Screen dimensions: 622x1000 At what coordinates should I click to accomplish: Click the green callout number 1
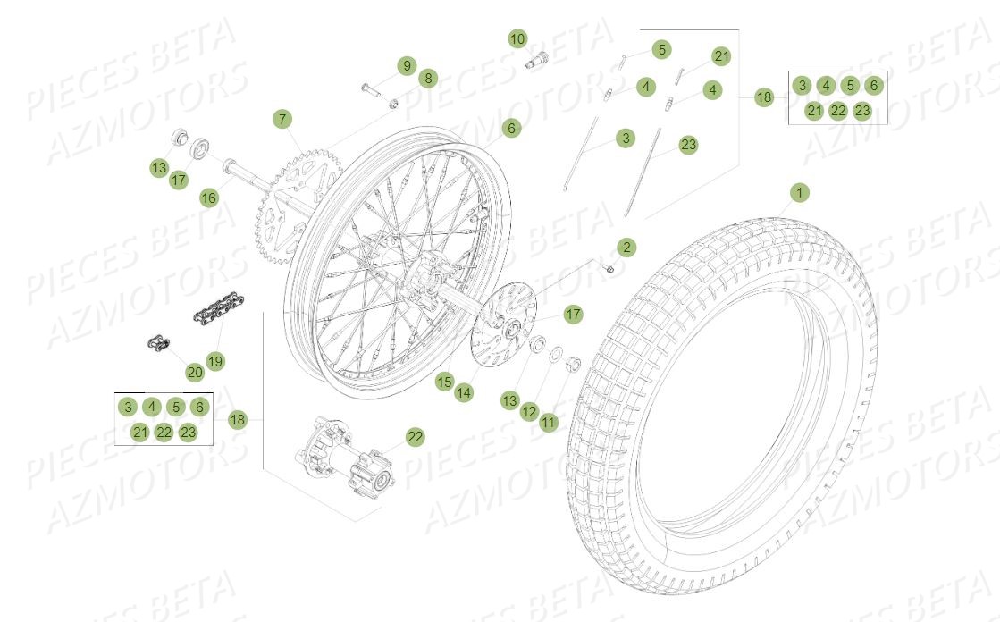800,192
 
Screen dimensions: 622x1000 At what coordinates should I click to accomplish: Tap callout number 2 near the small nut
626,247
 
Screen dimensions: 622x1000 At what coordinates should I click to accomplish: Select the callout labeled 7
282,119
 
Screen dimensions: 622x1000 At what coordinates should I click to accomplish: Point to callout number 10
518,39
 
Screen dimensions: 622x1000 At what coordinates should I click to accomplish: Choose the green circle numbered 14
464,391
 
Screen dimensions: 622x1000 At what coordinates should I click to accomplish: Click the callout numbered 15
444,382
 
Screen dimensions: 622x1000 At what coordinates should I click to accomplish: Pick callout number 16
209,198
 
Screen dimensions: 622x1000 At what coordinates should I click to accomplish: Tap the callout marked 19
215,361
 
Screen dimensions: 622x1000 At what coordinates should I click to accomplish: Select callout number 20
195,372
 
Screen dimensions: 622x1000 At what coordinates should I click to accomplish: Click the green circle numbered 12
529,411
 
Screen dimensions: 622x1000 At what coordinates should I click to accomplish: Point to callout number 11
549,422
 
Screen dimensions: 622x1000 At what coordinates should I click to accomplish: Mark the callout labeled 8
428,79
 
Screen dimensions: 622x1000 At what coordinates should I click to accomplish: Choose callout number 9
407,65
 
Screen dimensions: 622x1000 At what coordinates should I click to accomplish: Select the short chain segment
215,314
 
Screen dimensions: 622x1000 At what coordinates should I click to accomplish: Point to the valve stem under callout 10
539,59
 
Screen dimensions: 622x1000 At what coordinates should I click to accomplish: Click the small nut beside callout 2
609,267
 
